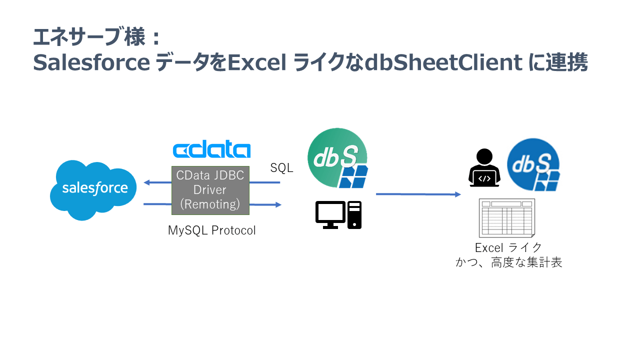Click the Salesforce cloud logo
coord(94,189)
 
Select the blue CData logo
coord(211,150)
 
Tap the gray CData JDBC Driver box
coord(210,190)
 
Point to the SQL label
coord(281,168)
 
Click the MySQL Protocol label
coord(211,230)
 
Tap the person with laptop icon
coord(484,168)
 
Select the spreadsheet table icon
coord(506,218)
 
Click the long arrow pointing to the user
coord(418,194)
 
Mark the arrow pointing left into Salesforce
coord(157,182)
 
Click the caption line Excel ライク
coord(508,247)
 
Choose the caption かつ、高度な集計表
coord(508,262)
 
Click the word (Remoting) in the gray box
coord(210,204)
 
